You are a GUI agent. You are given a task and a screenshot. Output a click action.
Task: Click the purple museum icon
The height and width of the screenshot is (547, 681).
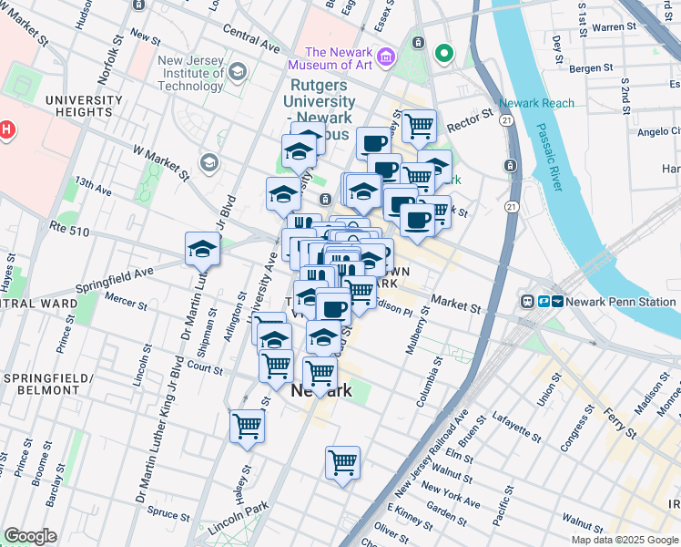387,57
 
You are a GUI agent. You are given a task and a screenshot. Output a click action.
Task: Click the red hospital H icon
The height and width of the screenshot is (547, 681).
7,129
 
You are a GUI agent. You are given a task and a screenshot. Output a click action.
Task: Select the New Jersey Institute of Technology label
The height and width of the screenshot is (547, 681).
189,74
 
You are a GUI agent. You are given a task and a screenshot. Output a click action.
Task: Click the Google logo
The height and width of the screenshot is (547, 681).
30,536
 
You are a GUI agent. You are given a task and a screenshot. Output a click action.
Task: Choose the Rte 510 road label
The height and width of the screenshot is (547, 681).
70,232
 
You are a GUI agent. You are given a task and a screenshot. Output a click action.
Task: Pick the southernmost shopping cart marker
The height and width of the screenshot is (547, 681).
342,462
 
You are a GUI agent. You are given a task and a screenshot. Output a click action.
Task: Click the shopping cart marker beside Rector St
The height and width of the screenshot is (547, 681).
419,126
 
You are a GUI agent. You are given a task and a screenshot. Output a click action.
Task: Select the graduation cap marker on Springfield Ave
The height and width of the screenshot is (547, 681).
202,248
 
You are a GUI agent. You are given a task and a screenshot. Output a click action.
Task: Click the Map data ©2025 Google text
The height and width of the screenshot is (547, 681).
624,539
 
